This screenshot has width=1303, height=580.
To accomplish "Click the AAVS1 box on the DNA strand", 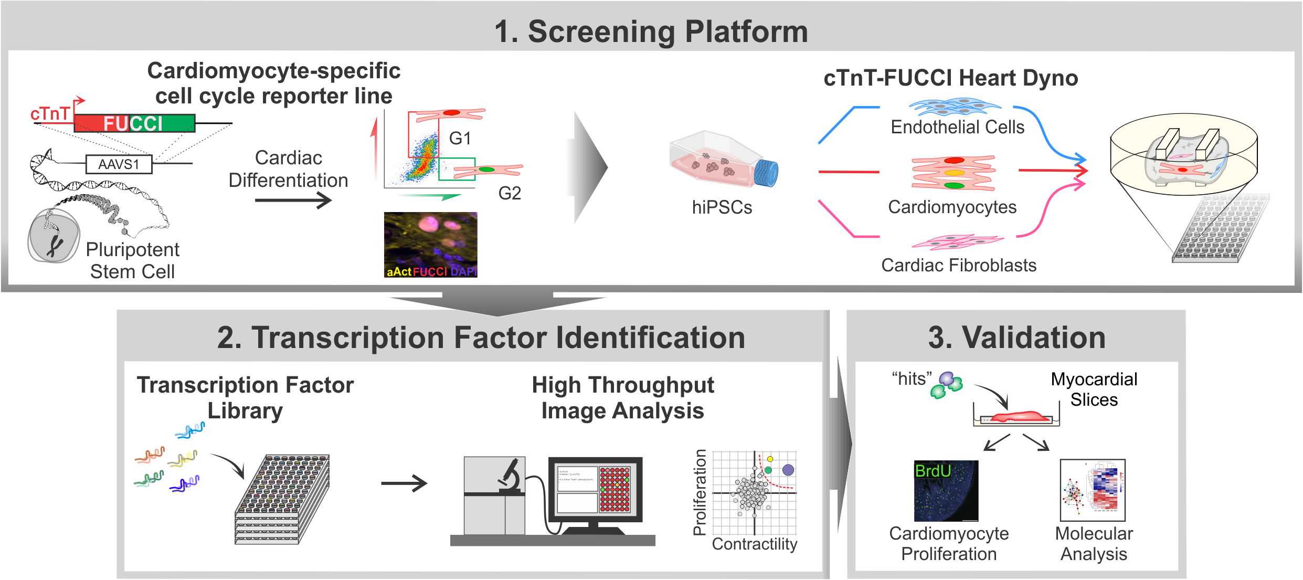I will [x=119, y=164].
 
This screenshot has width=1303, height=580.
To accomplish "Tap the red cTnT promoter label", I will [x=50, y=114].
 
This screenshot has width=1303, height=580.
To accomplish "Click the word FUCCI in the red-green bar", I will [x=133, y=124].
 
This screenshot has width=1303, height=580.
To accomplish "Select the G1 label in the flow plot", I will [x=460, y=139].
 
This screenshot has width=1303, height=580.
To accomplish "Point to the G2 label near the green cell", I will [x=509, y=193].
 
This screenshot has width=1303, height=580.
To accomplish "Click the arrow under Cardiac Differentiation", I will [x=293, y=200].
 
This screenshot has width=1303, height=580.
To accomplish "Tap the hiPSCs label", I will [x=722, y=207].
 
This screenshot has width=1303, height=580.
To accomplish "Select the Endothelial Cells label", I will [x=957, y=127].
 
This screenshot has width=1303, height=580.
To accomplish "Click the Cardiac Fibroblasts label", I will [x=959, y=265].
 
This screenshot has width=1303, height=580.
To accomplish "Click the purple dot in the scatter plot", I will [x=788, y=470].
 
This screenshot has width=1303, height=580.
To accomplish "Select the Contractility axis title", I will [x=754, y=544].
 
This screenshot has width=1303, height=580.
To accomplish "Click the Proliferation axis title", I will [x=700, y=492].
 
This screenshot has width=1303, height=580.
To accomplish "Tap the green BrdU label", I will [x=933, y=471].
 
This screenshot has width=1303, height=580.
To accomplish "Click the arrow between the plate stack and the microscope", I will [x=404, y=483].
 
